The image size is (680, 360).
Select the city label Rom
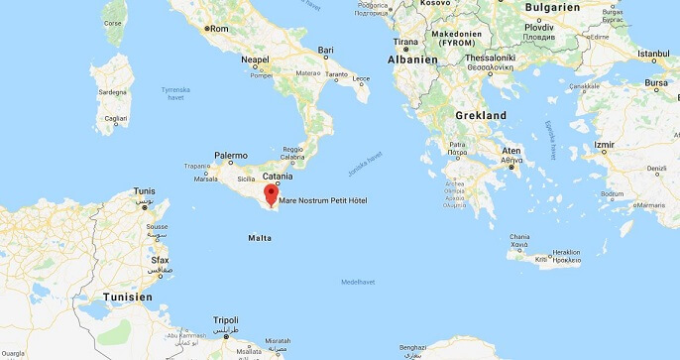219,28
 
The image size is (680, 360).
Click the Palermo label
231,156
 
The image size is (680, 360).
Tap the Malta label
260,238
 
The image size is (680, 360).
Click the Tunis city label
146,190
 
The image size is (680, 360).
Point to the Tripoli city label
226,320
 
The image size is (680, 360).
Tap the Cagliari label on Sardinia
117,118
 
